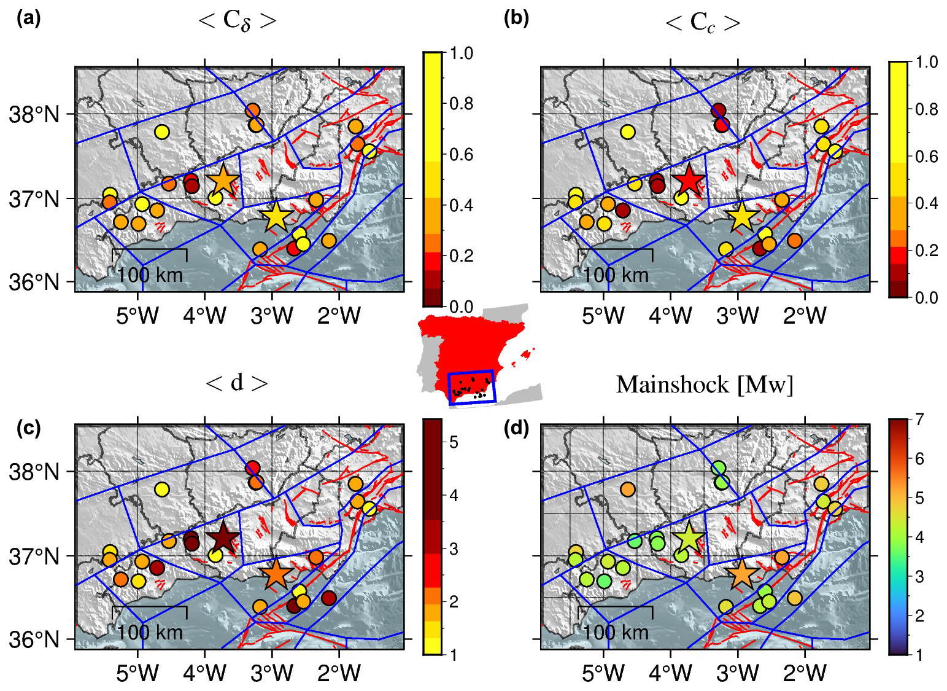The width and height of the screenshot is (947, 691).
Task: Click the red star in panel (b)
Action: click(689, 180)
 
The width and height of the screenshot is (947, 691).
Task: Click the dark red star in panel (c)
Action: click(223, 538)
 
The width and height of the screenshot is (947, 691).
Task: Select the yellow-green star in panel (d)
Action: click(689, 538)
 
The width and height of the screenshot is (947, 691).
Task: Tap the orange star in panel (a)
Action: click(223, 181)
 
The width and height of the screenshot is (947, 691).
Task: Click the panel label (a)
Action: click(29, 19)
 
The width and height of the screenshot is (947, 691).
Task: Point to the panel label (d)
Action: click(516, 427)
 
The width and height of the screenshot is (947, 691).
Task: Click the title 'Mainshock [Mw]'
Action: click(705, 385)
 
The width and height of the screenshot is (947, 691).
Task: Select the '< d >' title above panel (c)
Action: click(237, 383)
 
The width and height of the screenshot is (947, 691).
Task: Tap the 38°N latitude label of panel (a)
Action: click(34, 114)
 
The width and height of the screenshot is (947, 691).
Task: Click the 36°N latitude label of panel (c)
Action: click(34, 640)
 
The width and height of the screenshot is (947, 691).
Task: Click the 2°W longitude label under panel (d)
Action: click(805, 674)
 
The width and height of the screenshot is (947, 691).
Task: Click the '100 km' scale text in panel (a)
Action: click(150, 275)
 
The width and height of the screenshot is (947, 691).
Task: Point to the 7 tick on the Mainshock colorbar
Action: click(919, 420)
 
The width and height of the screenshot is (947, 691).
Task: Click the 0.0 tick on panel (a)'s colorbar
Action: click(461, 306)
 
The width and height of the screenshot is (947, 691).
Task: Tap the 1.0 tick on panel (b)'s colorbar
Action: click(926, 62)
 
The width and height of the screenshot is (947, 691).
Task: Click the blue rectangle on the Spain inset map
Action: click(471, 387)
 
